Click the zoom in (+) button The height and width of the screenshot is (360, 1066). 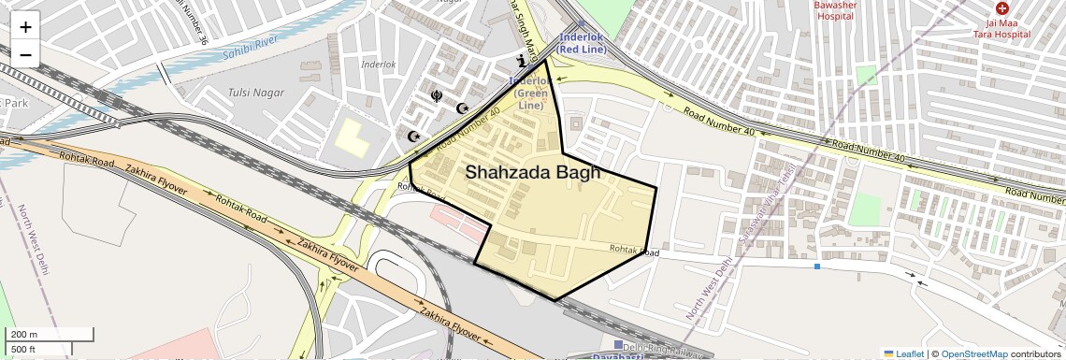(25, 27)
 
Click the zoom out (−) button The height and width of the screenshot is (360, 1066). (25, 54)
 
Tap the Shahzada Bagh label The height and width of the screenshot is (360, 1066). (532, 172)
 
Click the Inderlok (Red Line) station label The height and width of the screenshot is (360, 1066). (583, 42)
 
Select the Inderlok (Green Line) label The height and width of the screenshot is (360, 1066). (530, 93)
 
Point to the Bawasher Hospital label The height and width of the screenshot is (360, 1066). (835, 10)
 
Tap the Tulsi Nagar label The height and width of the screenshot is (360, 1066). (252, 92)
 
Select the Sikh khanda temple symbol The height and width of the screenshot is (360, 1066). (436, 94)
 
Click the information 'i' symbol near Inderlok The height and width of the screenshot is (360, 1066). (522, 62)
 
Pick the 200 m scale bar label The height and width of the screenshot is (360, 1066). (25, 335)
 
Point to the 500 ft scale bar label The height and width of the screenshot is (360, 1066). (24, 350)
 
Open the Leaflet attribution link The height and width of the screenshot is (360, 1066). (903, 353)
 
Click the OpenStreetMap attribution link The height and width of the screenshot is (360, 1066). (973, 353)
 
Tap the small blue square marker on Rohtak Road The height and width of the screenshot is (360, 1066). (817, 266)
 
